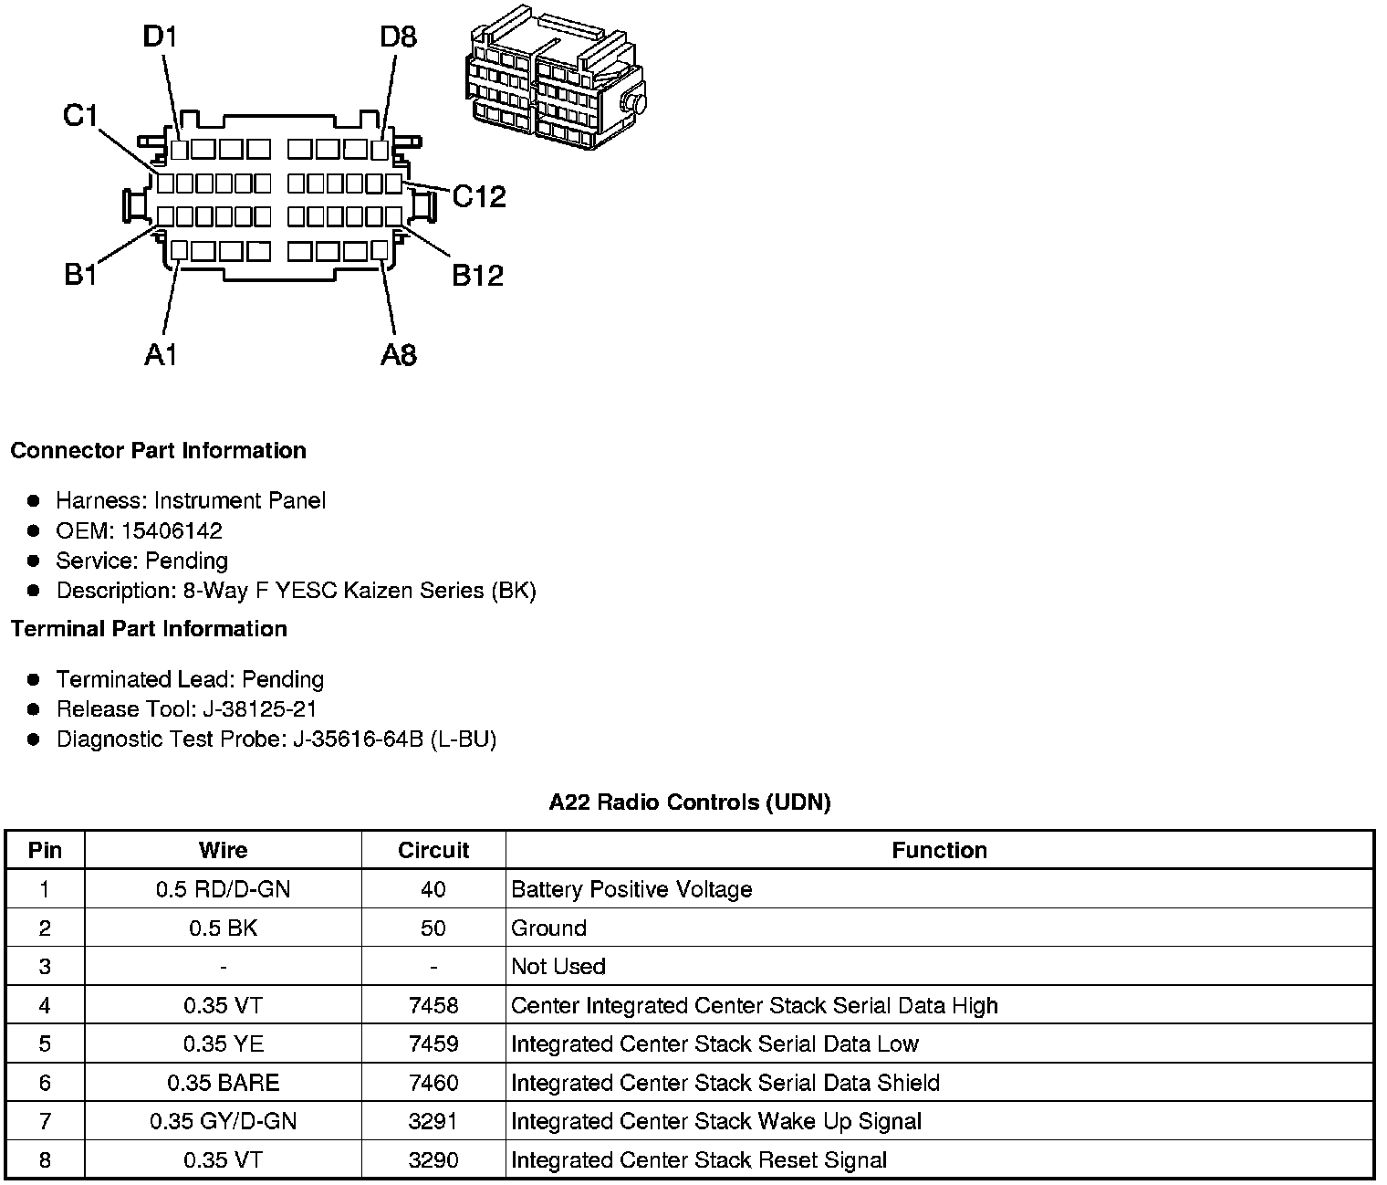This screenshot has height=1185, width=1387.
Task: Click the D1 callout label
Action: pos(160,37)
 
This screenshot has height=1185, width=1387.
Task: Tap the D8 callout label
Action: pos(399,37)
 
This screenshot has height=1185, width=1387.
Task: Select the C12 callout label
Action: pos(479,196)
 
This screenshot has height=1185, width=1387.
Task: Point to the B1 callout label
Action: pos(80,274)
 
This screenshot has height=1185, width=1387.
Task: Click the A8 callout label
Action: pos(399,354)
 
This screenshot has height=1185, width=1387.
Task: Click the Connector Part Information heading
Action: pos(158,451)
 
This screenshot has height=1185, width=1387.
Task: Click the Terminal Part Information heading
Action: pos(149,629)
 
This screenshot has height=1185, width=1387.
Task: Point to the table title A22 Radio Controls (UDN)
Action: pos(690,802)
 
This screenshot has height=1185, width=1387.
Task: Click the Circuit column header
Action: pos(433,851)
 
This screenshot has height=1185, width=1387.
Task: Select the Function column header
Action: pos(939,851)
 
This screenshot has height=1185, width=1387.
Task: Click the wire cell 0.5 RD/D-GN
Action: pos(223,889)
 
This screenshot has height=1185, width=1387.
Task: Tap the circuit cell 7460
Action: pos(433,1083)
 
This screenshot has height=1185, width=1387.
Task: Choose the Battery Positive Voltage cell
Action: pos(631,889)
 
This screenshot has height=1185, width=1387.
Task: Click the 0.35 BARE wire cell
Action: pos(223,1083)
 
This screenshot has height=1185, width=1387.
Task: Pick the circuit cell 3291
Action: pos(433,1121)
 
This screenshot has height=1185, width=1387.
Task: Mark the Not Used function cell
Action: pos(558,967)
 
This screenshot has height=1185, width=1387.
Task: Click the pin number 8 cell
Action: pos(45,1160)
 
